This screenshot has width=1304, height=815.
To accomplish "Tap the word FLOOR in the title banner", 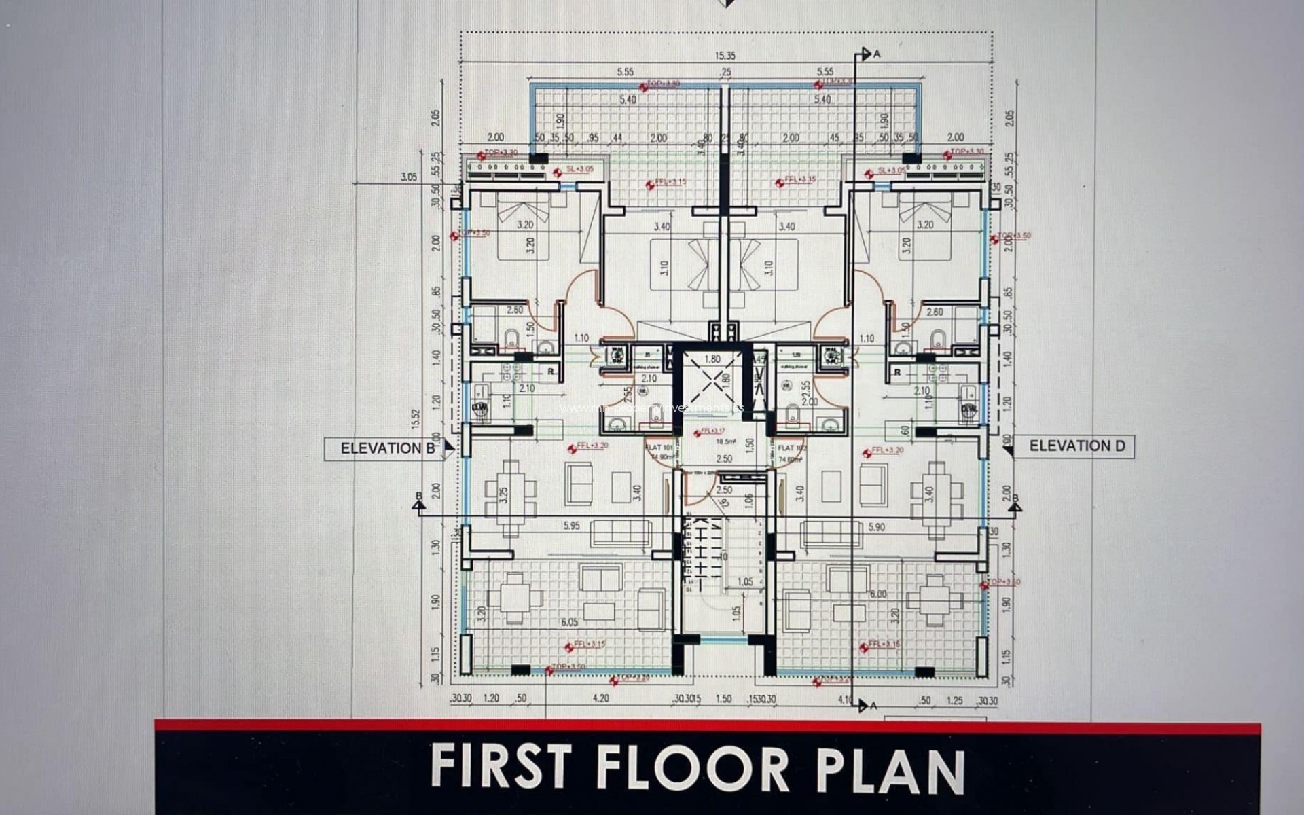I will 693,767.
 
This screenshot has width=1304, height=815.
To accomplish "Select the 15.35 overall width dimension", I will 725,56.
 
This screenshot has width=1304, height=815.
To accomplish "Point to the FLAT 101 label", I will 658,448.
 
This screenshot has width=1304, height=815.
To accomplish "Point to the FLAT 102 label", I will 791,448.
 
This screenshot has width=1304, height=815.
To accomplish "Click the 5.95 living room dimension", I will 571,526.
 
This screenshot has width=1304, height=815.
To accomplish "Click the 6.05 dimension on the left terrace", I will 569,622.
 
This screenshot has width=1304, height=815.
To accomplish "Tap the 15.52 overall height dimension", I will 416,419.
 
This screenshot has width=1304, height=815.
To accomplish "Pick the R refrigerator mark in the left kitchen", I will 551,372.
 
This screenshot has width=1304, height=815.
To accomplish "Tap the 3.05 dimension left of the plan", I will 409,177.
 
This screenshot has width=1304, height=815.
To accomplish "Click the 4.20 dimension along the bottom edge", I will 600,698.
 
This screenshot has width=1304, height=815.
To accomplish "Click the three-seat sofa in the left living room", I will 621,533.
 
